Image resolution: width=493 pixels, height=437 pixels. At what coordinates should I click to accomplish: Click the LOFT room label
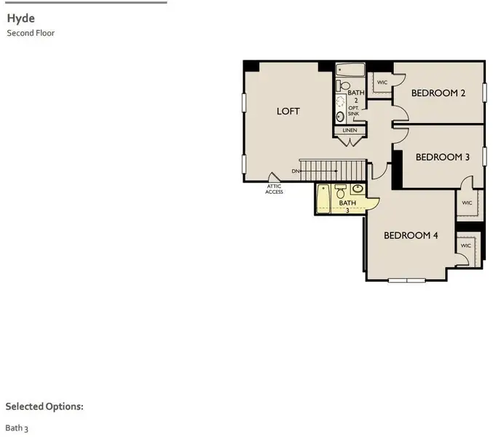pos(288,111)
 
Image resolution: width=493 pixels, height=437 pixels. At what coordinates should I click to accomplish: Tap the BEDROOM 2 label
pos(438,92)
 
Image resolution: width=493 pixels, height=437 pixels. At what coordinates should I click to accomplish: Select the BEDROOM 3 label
pos(443,157)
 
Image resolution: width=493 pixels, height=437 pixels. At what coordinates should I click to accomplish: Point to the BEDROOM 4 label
pos(411,235)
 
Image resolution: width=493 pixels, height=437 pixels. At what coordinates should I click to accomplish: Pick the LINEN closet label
pos(350,130)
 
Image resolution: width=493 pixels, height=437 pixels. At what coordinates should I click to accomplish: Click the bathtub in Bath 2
pos(350,71)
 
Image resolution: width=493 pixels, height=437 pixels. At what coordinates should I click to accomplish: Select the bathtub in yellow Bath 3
pos(323,199)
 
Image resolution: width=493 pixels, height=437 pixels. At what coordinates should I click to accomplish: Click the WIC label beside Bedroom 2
pos(382,83)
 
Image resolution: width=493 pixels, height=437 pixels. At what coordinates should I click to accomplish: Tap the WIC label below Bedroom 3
pos(467,203)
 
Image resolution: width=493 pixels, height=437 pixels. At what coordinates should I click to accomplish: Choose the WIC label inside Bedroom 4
pos(466,245)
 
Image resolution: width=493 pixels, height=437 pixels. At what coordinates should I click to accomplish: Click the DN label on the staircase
pos(296,171)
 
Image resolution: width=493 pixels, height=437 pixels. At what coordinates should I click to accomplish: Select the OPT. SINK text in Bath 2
pos(354,111)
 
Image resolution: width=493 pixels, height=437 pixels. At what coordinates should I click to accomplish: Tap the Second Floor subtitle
pos(31,33)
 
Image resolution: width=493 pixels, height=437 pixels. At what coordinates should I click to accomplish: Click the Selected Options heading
pos(44,406)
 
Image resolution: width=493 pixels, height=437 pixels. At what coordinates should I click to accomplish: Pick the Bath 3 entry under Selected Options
pos(17,428)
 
